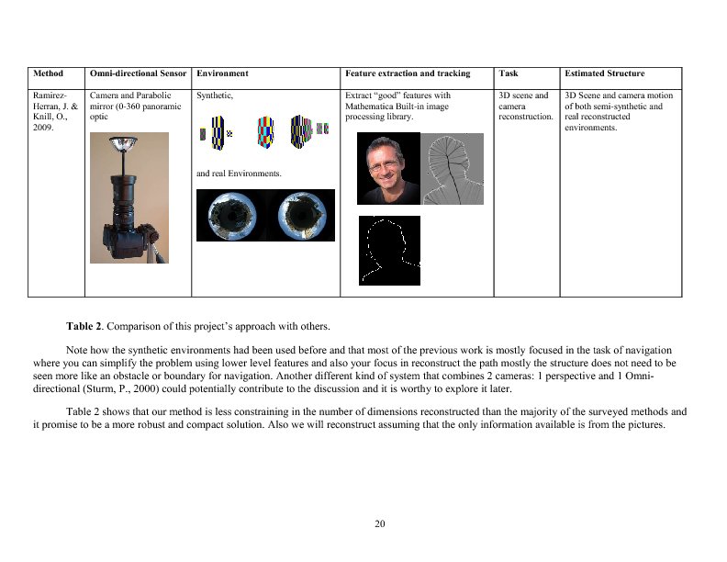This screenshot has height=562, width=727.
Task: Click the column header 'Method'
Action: click(48, 73)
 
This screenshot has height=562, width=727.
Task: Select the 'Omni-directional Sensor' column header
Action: click(138, 73)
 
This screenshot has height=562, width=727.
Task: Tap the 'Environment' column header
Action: click(222, 73)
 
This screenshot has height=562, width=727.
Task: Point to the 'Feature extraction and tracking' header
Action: click(408, 73)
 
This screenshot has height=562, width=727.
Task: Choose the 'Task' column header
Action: click(508, 73)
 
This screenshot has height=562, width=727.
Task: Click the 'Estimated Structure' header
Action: click(604, 73)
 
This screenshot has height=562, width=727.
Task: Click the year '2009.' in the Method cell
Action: click(44, 129)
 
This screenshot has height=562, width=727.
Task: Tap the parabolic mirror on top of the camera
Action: click(129, 144)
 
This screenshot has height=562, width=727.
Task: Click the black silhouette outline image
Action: click(389, 250)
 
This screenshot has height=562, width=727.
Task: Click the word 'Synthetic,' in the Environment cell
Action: click(215, 96)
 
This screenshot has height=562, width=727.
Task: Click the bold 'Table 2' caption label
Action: click(85, 327)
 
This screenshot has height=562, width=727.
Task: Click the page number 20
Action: click(380, 523)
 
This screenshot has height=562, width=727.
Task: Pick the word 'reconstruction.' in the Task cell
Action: click(526, 118)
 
